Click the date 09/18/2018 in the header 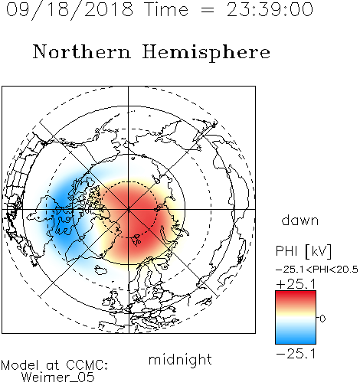coord(70,10)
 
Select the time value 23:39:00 coord(270,9)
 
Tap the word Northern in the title coord(82,52)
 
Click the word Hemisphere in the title coord(206,53)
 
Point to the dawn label coord(300,220)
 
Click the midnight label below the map coord(180,359)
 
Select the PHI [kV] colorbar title coord(303,251)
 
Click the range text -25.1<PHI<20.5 coord(317,270)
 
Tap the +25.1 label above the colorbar coord(296,284)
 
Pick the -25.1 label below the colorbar coord(296,354)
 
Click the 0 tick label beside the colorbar coord(322,319)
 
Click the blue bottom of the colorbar coord(296,339)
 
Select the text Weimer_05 coord(58,378)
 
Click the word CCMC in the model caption coord(87,365)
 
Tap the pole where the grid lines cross coord(129,209)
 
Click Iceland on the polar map coord(101,270)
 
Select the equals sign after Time coord(207,10)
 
